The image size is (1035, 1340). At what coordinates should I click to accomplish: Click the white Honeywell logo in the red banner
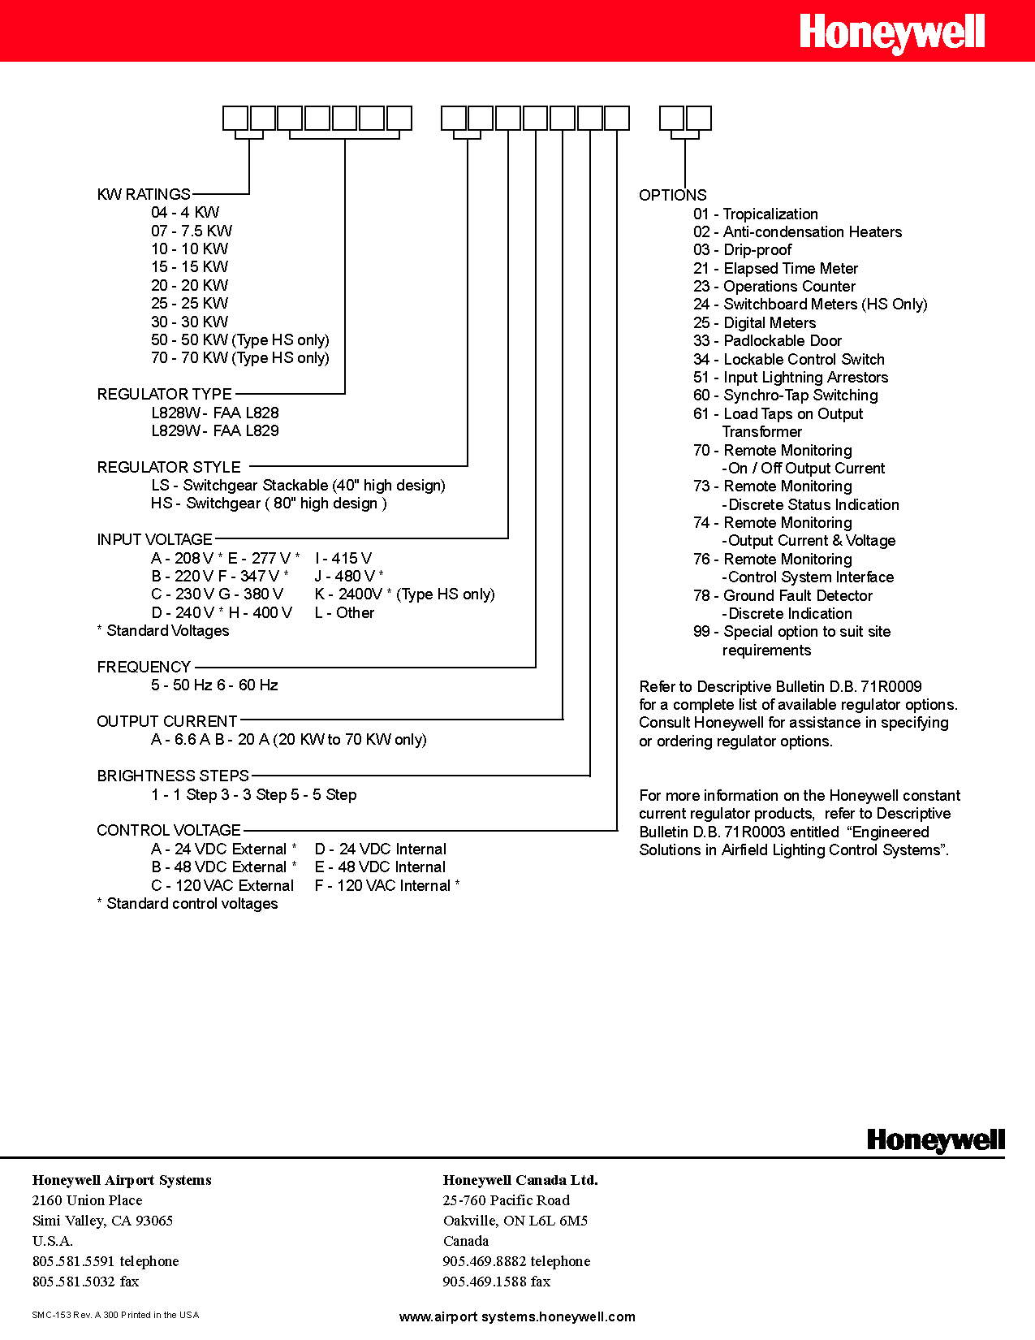point(892,34)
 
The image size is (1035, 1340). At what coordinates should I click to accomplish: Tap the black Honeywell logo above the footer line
point(935,1140)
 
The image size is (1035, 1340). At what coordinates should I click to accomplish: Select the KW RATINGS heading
point(144,194)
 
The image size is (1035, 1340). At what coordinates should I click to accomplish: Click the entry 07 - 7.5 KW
point(192,231)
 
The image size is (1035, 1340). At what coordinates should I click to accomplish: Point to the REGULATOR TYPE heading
point(165,394)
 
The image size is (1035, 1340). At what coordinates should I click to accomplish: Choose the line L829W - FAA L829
point(215,430)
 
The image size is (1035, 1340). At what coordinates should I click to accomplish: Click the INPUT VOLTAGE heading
point(154,539)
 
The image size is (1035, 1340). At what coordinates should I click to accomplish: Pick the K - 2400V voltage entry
point(404,594)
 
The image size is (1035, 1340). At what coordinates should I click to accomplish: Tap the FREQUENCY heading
point(144,667)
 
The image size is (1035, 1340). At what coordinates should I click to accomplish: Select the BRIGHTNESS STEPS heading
point(173,776)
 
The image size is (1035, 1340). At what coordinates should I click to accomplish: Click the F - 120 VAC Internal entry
point(386,885)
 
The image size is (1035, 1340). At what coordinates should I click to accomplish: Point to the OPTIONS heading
point(672,195)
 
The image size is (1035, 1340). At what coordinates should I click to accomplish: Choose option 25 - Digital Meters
point(754,322)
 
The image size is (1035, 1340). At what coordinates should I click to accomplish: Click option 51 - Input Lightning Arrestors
point(791,377)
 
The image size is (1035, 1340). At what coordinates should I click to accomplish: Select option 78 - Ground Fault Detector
point(783,595)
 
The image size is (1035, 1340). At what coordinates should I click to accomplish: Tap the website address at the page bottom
point(517,1316)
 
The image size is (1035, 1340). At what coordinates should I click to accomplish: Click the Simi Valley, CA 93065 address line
point(102,1220)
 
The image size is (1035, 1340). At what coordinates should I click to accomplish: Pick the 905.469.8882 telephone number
point(516,1260)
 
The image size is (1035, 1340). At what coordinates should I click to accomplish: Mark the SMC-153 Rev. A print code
point(115,1314)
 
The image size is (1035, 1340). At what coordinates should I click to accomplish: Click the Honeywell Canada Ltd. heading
point(520,1180)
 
